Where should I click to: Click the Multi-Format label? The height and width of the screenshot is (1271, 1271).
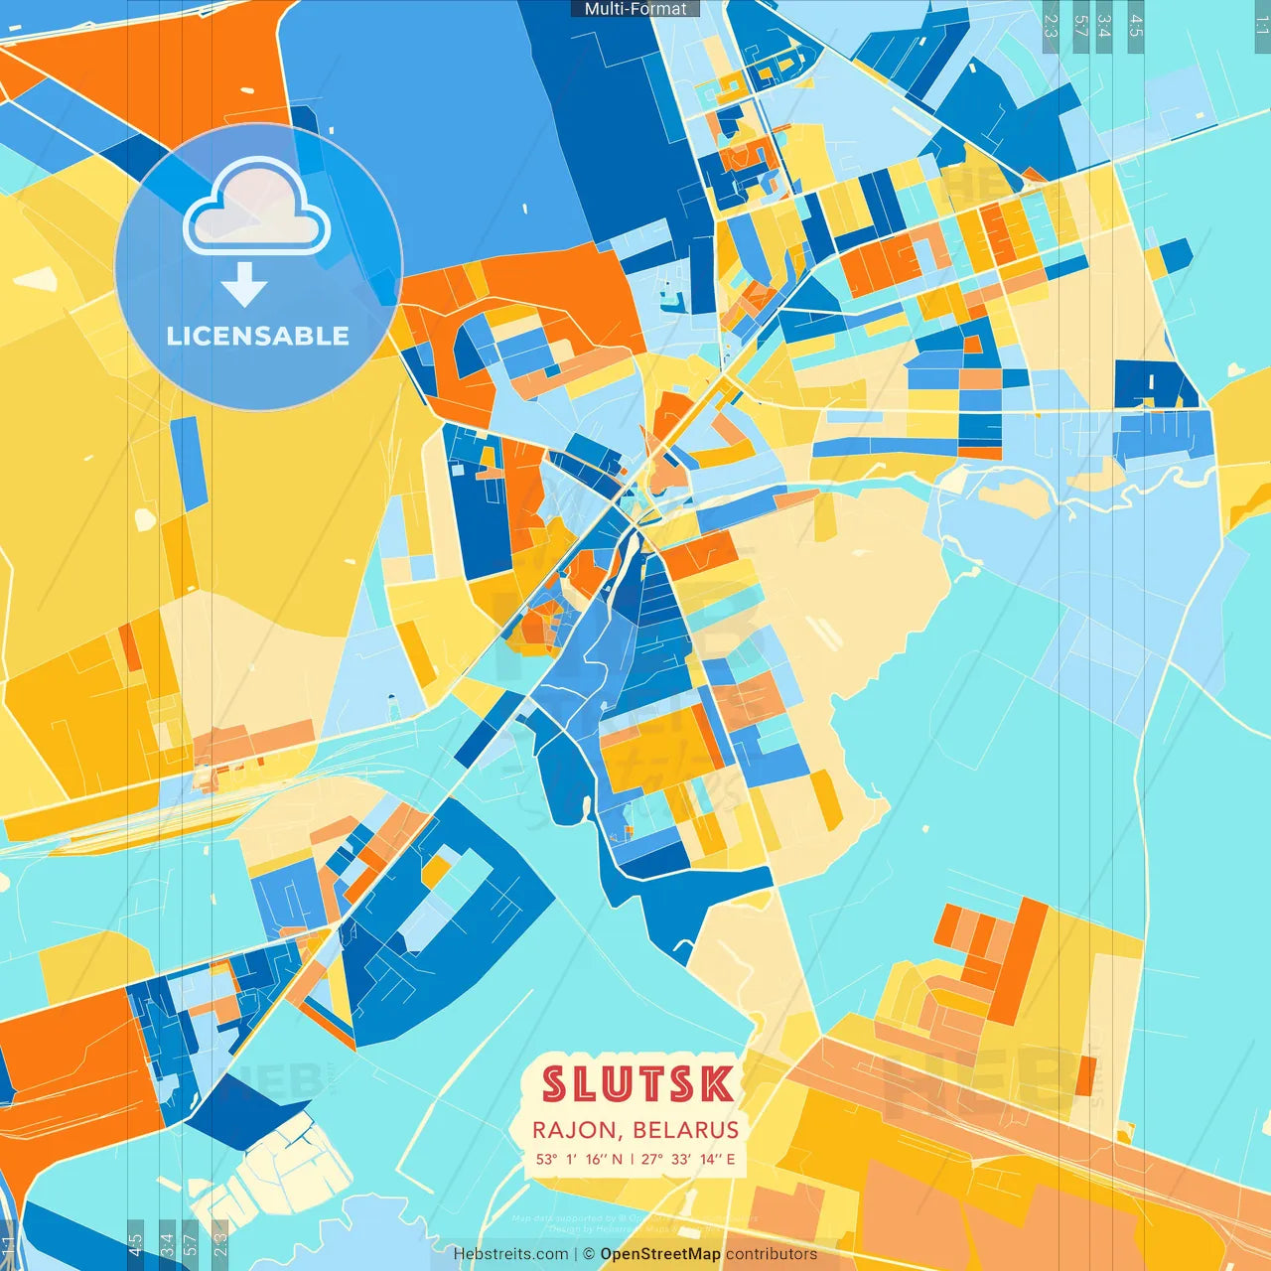pos(635,9)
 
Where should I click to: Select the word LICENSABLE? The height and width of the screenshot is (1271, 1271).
pos(258,336)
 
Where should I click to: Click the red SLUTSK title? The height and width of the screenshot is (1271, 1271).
pos(636,1084)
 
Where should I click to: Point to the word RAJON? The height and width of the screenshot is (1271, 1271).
pos(574,1130)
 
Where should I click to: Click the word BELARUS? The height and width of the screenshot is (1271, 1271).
pos(686,1130)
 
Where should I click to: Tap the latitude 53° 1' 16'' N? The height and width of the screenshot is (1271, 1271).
pos(579,1159)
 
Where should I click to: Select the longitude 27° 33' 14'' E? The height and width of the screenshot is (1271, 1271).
pos(688,1159)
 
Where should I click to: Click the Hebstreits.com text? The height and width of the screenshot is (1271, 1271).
pos(510,1254)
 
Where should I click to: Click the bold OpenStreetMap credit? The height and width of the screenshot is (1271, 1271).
pos(660,1254)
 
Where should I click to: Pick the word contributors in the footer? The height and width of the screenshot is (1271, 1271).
pos(772,1254)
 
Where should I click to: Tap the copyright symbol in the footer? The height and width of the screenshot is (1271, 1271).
pos(588,1254)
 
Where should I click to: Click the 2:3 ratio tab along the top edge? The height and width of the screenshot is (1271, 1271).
pos(1051,26)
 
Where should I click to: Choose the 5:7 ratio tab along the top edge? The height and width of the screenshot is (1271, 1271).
pos(1080,26)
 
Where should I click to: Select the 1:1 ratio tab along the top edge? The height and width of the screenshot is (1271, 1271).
pos(1262,26)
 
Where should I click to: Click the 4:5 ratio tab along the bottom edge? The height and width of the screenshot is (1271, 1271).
pos(135,1245)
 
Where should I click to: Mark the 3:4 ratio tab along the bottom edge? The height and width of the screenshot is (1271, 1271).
pos(167,1245)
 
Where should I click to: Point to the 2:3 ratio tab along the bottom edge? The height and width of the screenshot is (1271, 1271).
pos(219,1245)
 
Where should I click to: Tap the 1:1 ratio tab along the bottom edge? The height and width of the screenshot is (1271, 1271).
pos(8,1245)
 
